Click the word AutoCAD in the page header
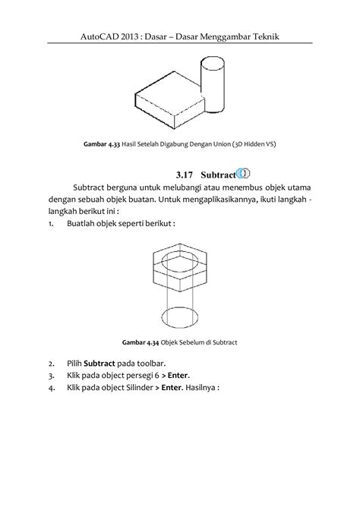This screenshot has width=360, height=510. pos(96,36)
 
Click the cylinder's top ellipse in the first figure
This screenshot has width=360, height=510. pos(213,61)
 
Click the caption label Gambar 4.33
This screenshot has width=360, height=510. pos(102,144)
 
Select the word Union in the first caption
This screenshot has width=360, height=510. pos(222,144)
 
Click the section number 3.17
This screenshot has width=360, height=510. pos(185,175)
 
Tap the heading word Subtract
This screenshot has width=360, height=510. pos(218,175)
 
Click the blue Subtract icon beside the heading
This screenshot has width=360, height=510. pos(243,174)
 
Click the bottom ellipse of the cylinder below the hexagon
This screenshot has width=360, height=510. pos(180,316)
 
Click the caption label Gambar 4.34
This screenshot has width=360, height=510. pos(141,342)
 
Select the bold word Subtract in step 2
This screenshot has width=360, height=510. pos(99,364)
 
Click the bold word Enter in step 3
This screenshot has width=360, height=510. pos(178,376)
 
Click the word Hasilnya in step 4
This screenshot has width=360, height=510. pos(201,388)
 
